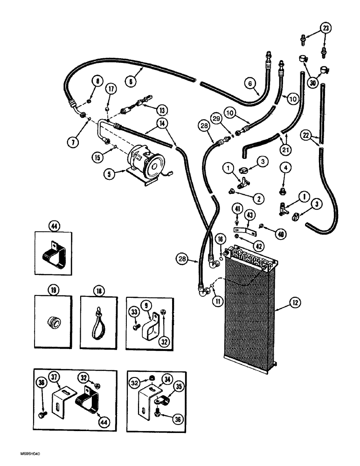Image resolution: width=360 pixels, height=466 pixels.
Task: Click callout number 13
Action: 162,111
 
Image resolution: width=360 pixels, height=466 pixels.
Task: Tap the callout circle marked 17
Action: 110,88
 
